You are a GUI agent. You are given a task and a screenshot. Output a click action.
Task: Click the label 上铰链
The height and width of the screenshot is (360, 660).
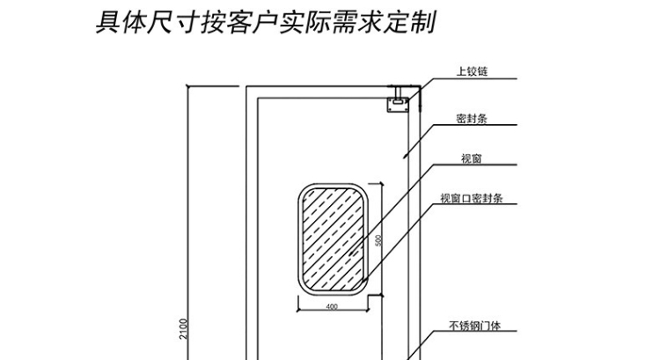pos(471,72)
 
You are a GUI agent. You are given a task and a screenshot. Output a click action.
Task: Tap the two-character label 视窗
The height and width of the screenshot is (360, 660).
pos(471,158)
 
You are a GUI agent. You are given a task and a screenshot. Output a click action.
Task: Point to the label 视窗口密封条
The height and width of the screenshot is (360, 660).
pos(471,199)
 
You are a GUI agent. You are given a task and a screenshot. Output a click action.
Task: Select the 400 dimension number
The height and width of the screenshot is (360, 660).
pos(332,307)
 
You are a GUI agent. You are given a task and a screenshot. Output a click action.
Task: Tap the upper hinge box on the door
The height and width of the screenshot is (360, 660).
pos(399,102)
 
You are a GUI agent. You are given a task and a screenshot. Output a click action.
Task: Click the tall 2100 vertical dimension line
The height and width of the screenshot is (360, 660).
pos(191,220)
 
